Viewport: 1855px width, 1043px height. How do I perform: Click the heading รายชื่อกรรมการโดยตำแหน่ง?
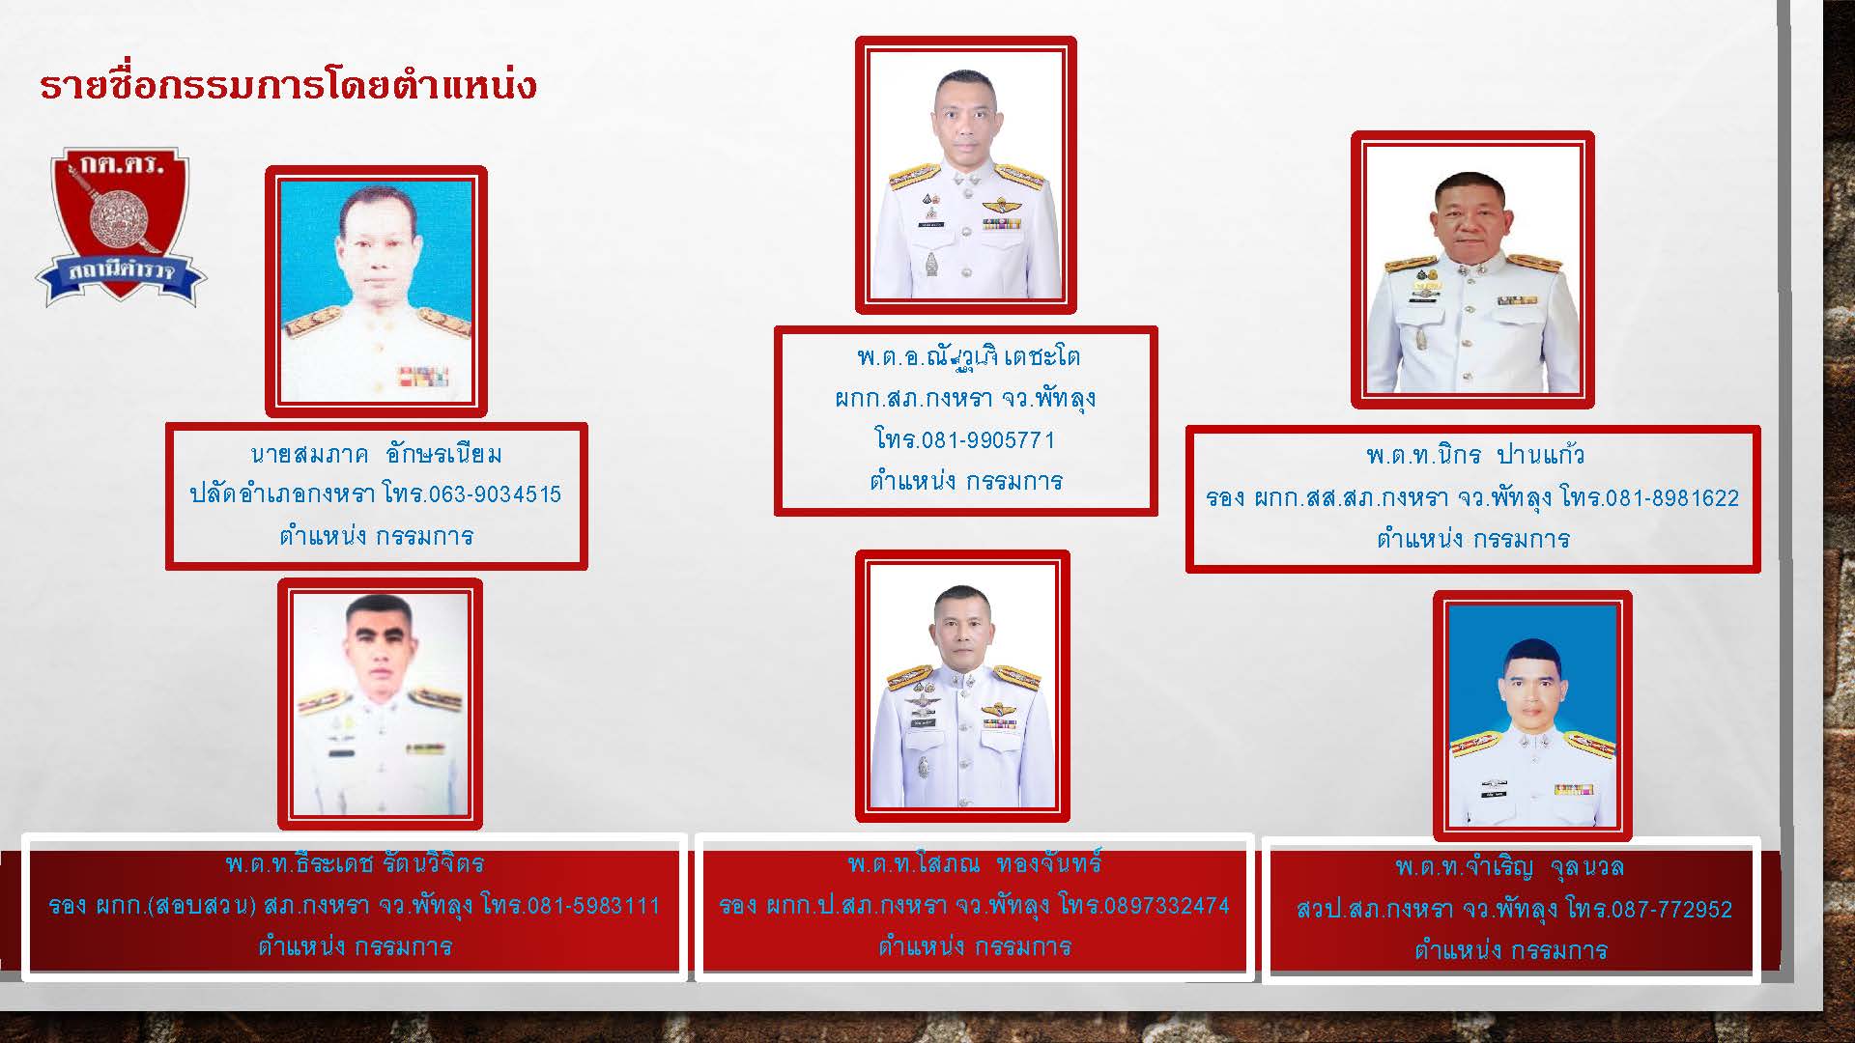click(288, 85)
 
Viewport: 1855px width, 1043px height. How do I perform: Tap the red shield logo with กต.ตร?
click(122, 228)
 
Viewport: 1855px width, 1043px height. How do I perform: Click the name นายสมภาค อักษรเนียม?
click(376, 454)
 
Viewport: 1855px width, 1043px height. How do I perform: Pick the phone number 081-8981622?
click(1671, 498)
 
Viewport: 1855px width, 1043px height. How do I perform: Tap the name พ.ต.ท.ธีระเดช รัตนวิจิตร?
click(356, 862)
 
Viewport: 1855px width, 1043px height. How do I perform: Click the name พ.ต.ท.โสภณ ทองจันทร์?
click(975, 862)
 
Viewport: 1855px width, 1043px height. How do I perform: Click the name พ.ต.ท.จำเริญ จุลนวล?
click(1510, 866)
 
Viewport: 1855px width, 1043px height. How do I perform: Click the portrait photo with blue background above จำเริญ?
click(1533, 716)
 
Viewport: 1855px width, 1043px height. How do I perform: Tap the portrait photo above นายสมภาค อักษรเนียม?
click(376, 292)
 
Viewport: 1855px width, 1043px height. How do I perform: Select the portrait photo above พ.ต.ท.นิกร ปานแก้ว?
click(1472, 270)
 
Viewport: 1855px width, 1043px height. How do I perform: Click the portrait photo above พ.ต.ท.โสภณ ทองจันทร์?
click(962, 687)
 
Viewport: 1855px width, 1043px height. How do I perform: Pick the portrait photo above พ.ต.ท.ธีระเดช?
click(380, 704)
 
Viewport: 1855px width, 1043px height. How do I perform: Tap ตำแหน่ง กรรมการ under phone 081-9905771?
click(966, 481)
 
